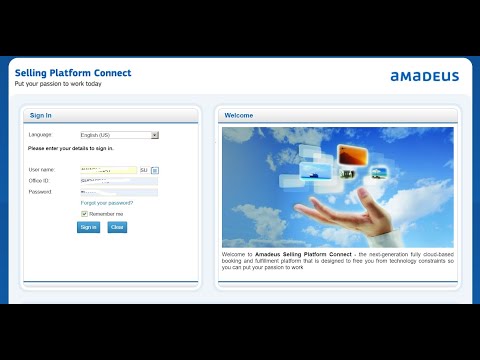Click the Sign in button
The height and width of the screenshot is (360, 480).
coord(89,227)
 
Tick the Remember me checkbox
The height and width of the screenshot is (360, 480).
coord(85,213)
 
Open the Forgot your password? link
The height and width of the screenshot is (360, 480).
coord(107,202)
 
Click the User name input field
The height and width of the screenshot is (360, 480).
coord(108,170)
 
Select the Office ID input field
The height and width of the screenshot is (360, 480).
coord(118,181)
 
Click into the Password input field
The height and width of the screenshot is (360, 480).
coord(118,192)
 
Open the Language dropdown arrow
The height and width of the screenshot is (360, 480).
coord(155,134)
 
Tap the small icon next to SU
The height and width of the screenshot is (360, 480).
coord(155,170)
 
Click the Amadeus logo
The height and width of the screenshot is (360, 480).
coord(424,76)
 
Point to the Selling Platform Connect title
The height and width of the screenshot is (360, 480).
coord(72,73)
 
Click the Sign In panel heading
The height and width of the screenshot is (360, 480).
coord(41,115)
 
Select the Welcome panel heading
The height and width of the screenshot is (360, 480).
coord(239,115)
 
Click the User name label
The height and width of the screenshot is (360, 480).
coord(42,170)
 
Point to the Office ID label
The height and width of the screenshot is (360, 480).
coord(39,181)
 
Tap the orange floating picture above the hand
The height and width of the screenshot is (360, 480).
coord(354,155)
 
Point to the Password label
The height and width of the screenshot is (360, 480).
coord(40,192)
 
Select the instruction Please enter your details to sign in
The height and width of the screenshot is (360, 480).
coord(71,148)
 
